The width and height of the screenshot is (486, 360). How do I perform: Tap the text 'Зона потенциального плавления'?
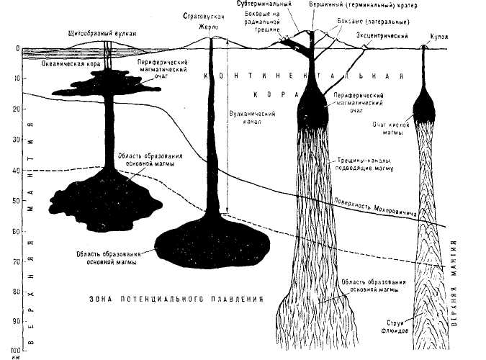[x=176, y=297]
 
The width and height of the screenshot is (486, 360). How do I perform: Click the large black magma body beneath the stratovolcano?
[x=214, y=244]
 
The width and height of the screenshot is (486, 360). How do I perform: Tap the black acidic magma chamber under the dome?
[x=426, y=107]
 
